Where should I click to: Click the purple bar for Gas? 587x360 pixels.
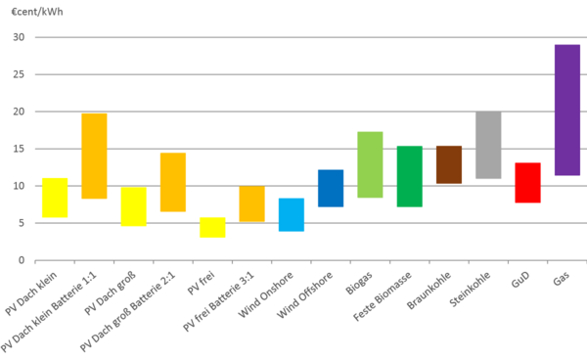point(566,110)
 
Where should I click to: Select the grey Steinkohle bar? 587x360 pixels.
point(488,145)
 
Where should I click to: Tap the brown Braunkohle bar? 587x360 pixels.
point(448,164)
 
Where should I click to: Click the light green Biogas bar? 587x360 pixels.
point(370,164)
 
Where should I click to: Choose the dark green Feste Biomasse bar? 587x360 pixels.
point(409,176)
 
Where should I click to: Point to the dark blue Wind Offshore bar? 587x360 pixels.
point(331,188)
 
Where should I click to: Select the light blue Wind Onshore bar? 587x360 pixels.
point(291,214)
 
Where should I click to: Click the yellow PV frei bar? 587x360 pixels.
point(212,227)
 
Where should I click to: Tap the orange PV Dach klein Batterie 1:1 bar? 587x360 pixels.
point(94,156)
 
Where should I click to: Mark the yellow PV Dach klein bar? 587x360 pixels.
point(55,198)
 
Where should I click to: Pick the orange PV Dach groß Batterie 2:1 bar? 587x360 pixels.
point(173,182)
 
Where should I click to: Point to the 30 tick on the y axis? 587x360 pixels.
point(18,37)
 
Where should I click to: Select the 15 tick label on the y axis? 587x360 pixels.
point(18,149)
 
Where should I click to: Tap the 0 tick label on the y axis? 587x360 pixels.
point(21,260)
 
